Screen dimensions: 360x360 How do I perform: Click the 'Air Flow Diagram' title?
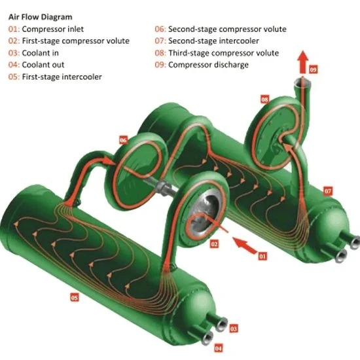(40, 17)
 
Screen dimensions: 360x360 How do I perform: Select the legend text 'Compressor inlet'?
(52, 29)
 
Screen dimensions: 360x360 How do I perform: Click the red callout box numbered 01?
(262, 256)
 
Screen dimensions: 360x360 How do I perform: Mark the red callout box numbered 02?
(214, 244)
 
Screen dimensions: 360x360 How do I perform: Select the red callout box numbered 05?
(75, 298)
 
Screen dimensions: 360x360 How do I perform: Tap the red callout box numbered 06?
(123, 140)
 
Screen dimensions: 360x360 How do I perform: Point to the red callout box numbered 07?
(328, 191)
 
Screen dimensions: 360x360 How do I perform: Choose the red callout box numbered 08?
(264, 99)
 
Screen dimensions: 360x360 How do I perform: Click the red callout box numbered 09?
(313, 69)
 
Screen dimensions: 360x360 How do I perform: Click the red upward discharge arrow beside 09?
(303, 62)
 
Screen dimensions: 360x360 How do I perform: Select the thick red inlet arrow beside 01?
(244, 245)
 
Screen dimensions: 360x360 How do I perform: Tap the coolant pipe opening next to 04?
(207, 338)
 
